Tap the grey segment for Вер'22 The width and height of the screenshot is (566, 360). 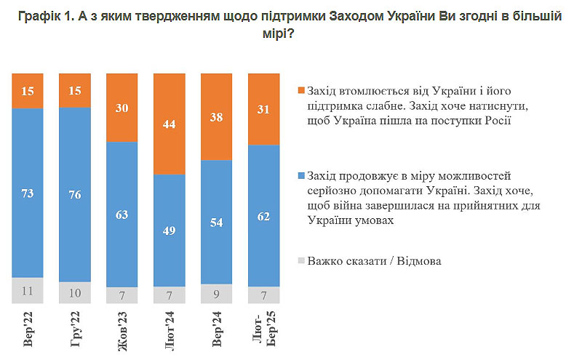[28, 290]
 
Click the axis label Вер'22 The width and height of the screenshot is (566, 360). [28, 330]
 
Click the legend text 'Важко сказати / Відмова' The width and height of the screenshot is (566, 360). [374, 260]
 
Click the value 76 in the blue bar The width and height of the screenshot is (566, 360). [75, 194]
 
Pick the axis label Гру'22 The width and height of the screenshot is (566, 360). [76, 330]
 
